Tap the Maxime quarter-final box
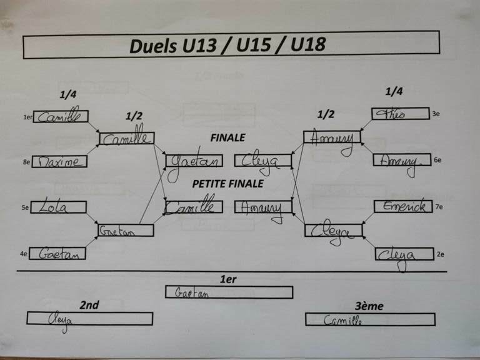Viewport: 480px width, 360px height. [59, 161]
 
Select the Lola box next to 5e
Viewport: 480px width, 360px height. [58, 207]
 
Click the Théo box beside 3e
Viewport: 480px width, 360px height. [400, 114]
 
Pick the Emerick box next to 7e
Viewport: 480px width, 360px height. [403, 206]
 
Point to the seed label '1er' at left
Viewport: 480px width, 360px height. [27, 116]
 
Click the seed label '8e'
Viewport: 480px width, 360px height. [27, 162]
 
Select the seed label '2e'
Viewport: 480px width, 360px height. [440, 254]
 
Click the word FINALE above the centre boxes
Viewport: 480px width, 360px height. [227, 137]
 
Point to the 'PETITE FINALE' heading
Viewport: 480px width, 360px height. [227, 184]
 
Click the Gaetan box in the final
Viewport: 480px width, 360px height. [194, 161]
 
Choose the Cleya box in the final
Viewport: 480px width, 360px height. [263, 161]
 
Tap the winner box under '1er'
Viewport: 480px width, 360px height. [229, 292]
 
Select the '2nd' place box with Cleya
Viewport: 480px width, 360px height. [89, 318]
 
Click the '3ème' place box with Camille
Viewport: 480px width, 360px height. [369, 319]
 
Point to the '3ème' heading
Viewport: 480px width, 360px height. [369, 306]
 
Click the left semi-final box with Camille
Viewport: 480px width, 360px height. [126, 138]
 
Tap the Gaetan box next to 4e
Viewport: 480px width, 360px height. [57, 253]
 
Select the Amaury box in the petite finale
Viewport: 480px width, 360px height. [263, 207]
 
